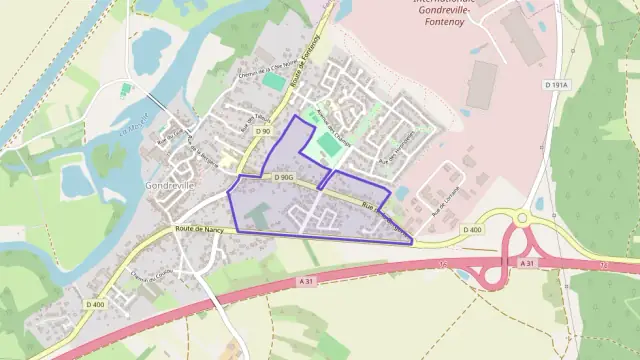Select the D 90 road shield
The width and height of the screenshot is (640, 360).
tap(263, 131)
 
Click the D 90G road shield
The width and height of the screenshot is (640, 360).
tap(283, 177)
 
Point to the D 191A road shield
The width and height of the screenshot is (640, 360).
tap(557, 86)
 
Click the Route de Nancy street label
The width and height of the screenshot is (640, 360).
tap(198, 229)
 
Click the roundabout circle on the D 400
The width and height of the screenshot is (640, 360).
tap(521, 217)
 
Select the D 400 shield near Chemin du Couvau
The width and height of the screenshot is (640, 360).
tap(95, 304)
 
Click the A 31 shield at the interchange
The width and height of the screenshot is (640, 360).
tap(529, 262)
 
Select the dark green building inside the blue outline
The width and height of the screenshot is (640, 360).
tap(258, 214)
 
